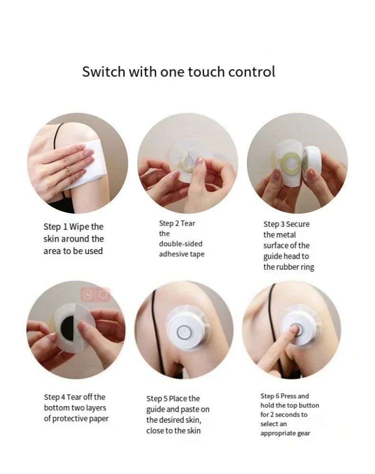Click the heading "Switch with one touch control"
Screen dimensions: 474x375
coord(178,72)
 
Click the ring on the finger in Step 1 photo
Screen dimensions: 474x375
coord(67,169)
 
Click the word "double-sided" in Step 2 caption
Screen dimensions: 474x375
coord(180,244)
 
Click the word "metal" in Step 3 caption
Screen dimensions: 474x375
coord(287,235)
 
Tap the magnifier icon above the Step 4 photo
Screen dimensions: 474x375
coord(103,295)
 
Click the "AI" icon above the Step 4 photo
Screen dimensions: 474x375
coord(88,295)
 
